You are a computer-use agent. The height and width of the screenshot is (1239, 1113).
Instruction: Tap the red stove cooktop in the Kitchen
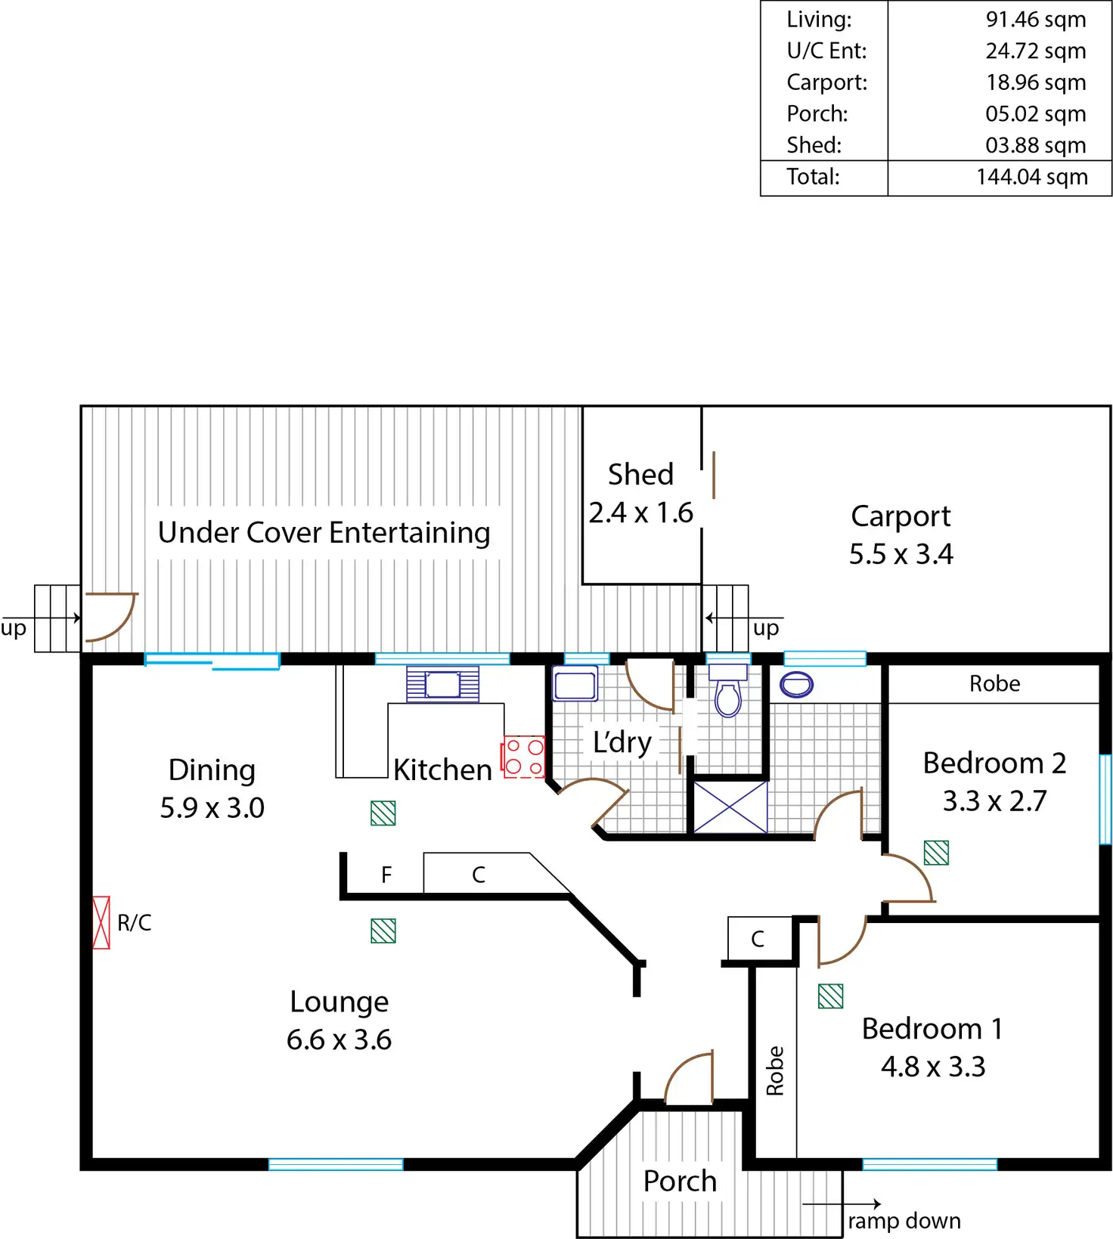click(523, 757)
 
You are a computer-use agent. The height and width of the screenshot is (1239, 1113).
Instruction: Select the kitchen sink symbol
click(442, 684)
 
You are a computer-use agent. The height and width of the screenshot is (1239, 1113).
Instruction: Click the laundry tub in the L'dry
click(575, 684)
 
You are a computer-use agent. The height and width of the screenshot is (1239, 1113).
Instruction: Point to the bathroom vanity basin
click(796, 684)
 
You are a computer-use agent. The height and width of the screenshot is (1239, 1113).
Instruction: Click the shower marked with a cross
click(730, 807)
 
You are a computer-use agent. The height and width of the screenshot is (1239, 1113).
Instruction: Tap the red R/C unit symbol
click(101, 922)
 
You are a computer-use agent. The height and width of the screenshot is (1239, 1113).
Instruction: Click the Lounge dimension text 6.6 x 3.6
click(339, 1039)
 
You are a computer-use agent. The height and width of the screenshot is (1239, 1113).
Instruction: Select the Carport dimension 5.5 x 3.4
click(901, 554)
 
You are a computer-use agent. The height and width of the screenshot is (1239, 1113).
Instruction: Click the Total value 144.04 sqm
click(1031, 177)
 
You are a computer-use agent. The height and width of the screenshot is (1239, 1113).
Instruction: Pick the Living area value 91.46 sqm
click(1035, 20)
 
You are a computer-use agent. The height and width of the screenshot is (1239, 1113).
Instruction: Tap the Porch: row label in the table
click(817, 114)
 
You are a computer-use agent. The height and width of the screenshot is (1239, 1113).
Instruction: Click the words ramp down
click(904, 1220)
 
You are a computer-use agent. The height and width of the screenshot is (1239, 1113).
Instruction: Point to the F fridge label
click(386, 875)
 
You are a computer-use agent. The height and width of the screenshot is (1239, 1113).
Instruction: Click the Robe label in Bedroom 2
click(994, 684)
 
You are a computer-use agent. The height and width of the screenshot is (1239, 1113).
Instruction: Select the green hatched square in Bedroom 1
click(830, 996)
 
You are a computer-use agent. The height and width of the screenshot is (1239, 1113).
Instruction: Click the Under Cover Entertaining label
click(324, 533)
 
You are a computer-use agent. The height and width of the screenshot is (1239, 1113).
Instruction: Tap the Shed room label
click(640, 475)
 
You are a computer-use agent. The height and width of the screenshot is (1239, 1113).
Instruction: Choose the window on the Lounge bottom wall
click(336, 1164)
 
